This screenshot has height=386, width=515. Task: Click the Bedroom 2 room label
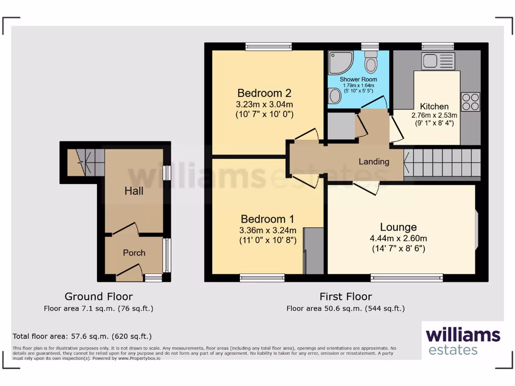(265, 93)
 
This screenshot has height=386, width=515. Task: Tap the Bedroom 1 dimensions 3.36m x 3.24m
(268, 230)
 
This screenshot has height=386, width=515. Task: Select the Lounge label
(398, 227)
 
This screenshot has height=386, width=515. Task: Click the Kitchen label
(434, 106)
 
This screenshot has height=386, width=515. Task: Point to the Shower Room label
(358, 79)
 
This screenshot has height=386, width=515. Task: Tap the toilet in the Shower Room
(372, 62)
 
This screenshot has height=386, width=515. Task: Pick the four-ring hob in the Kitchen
(470, 102)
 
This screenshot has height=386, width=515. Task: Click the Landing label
(374, 161)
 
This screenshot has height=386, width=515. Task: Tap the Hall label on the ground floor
(134, 191)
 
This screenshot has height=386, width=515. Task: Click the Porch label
(134, 253)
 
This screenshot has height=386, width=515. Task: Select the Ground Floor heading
(99, 297)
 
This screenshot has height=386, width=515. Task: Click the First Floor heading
(346, 297)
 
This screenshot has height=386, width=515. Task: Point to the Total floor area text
(82, 336)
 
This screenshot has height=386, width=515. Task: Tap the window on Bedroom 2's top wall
(269, 47)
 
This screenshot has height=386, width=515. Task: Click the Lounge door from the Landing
(366, 187)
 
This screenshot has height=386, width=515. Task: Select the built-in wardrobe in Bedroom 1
(314, 250)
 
